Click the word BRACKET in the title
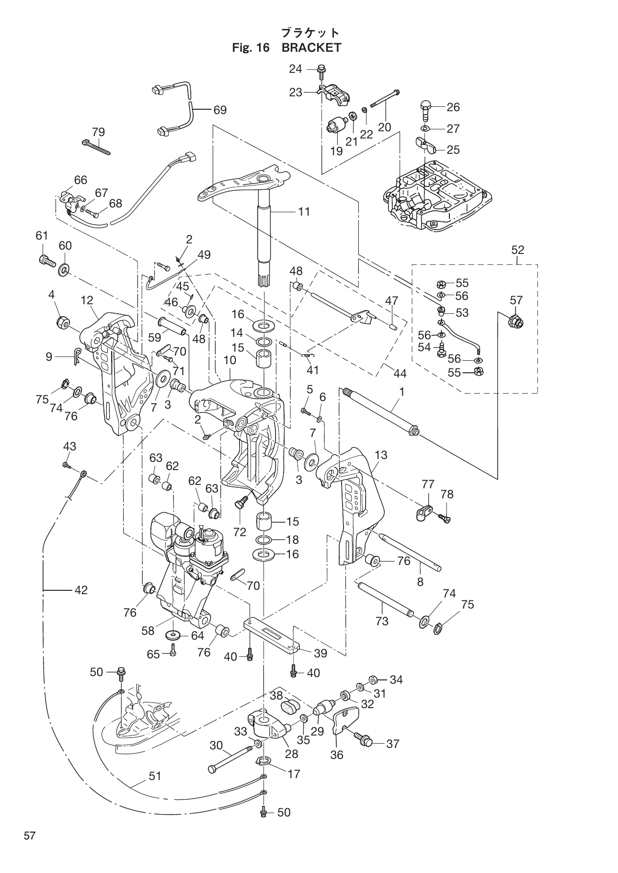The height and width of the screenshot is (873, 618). (311, 47)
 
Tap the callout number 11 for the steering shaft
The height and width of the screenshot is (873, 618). (304, 211)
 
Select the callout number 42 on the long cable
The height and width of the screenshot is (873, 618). (81, 590)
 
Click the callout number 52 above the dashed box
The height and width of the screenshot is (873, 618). (517, 250)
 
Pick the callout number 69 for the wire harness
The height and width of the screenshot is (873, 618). (220, 110)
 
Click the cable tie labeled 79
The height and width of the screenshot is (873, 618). (96, 147)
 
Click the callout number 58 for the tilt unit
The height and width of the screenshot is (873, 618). (148, 631)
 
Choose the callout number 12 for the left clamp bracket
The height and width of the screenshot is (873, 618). (87, 300)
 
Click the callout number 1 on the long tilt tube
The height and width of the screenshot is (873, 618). (402, 391)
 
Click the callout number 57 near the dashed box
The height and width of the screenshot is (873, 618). (516, 300)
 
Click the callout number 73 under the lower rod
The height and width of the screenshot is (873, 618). (381, 621)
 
